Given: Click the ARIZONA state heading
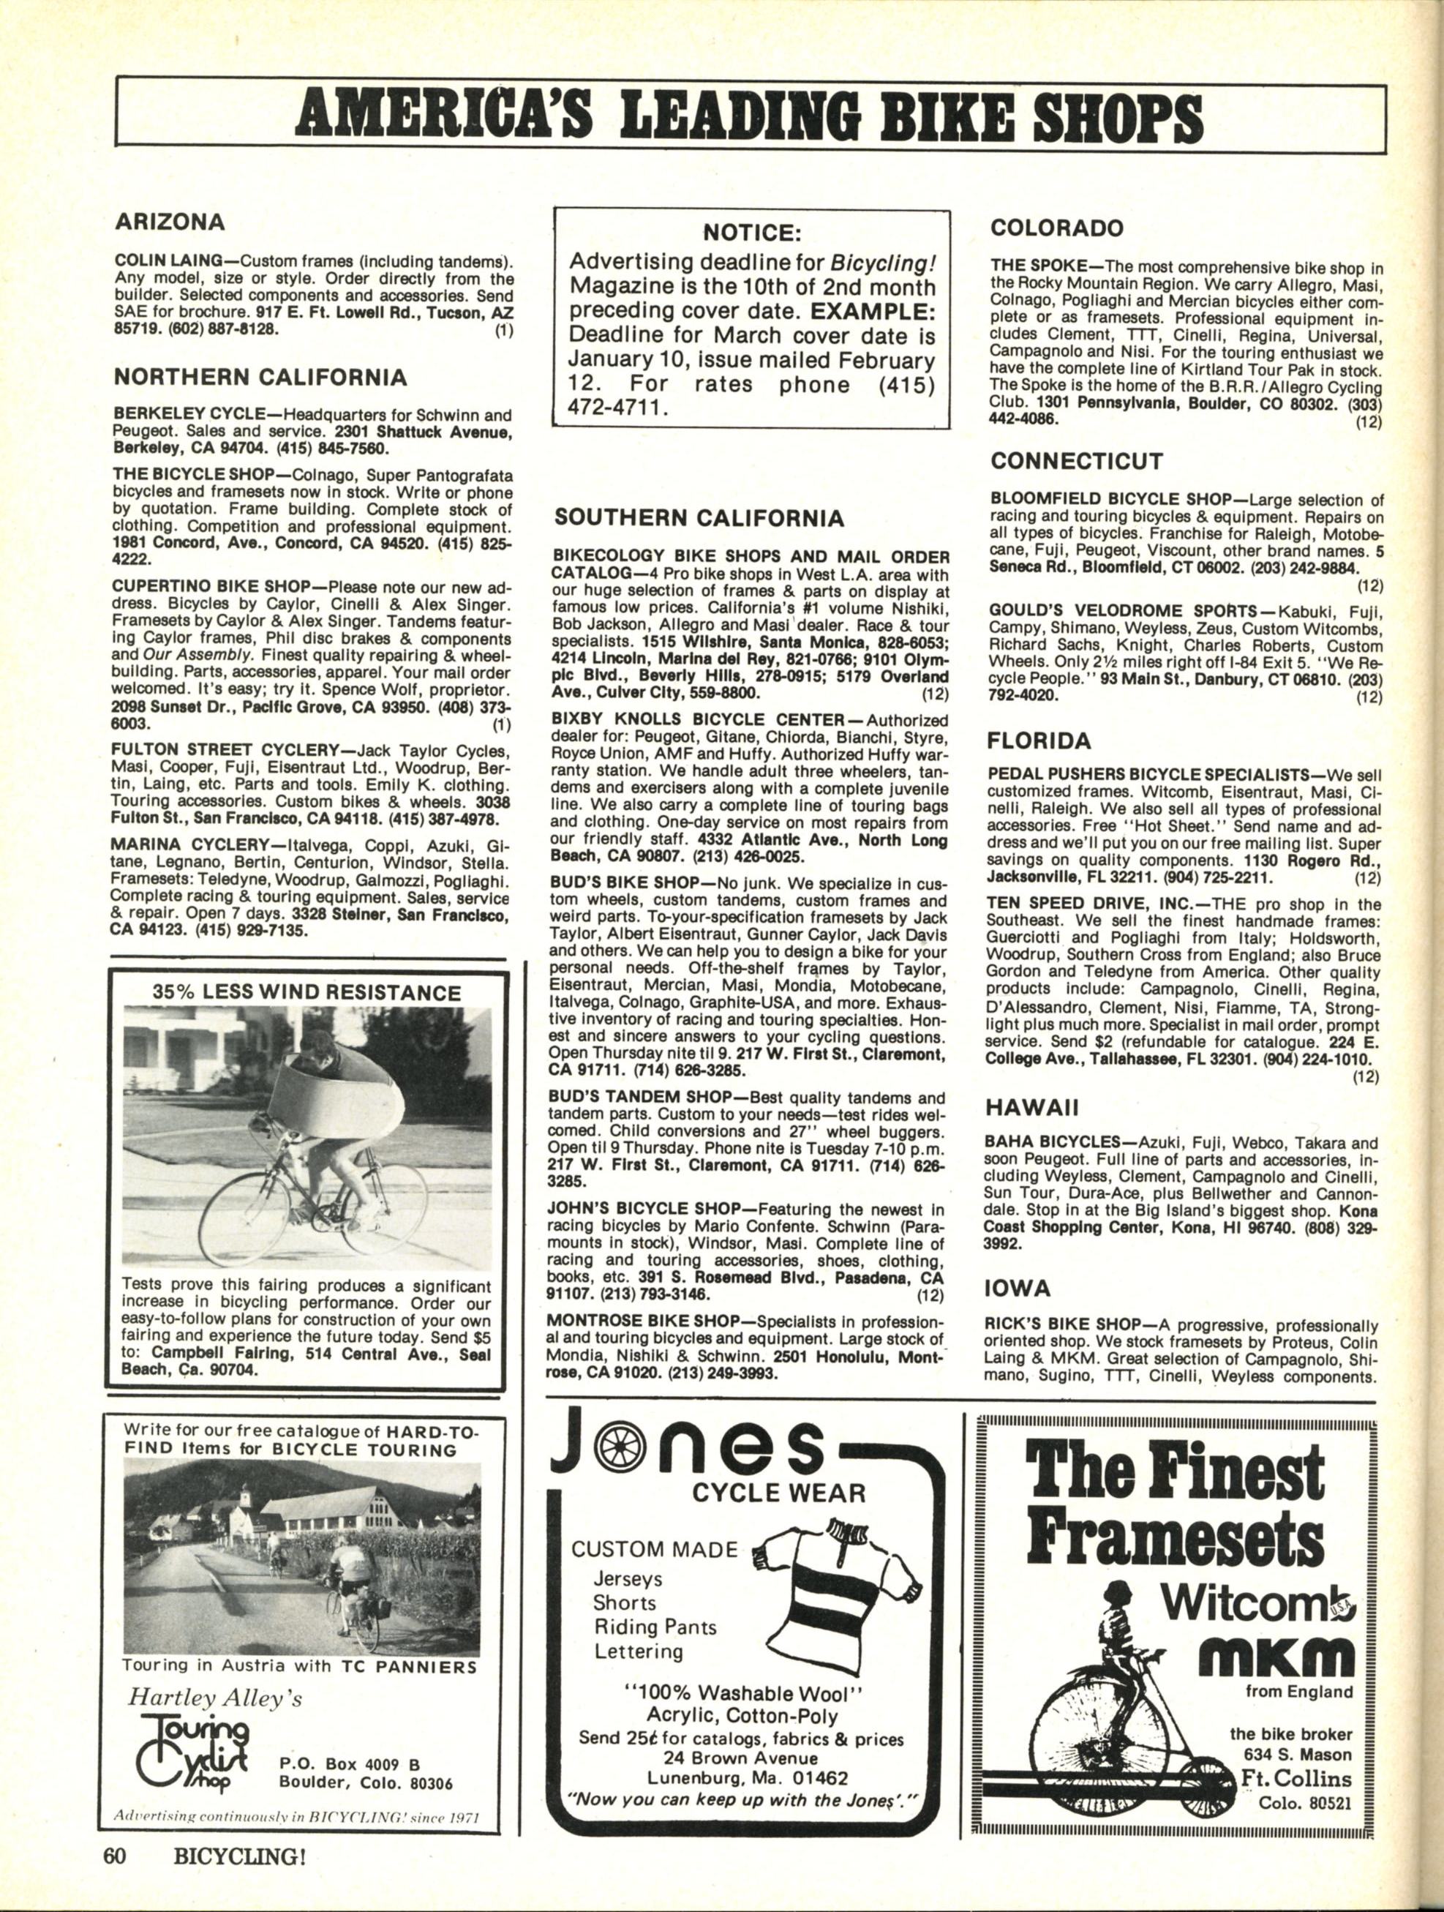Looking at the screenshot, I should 170,222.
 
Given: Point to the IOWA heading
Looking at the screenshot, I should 1018,1289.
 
